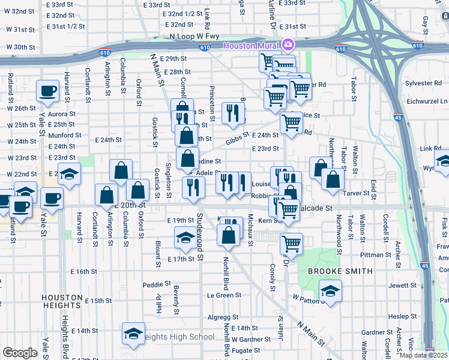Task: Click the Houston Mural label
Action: [252, 46]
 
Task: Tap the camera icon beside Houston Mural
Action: [288, 45]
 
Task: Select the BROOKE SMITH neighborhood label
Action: [331, 271]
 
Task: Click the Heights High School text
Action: [181, 337]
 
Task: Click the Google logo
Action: [20, 353]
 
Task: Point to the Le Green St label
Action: [224, 295]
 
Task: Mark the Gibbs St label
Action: [237, 139]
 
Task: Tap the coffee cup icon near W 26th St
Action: [48, 91]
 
